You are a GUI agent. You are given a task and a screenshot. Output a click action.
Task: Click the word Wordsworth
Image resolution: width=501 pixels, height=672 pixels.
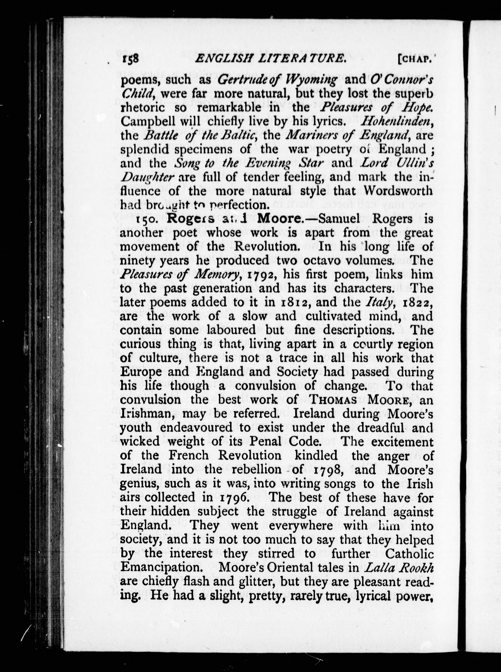(x=398, y=191)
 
